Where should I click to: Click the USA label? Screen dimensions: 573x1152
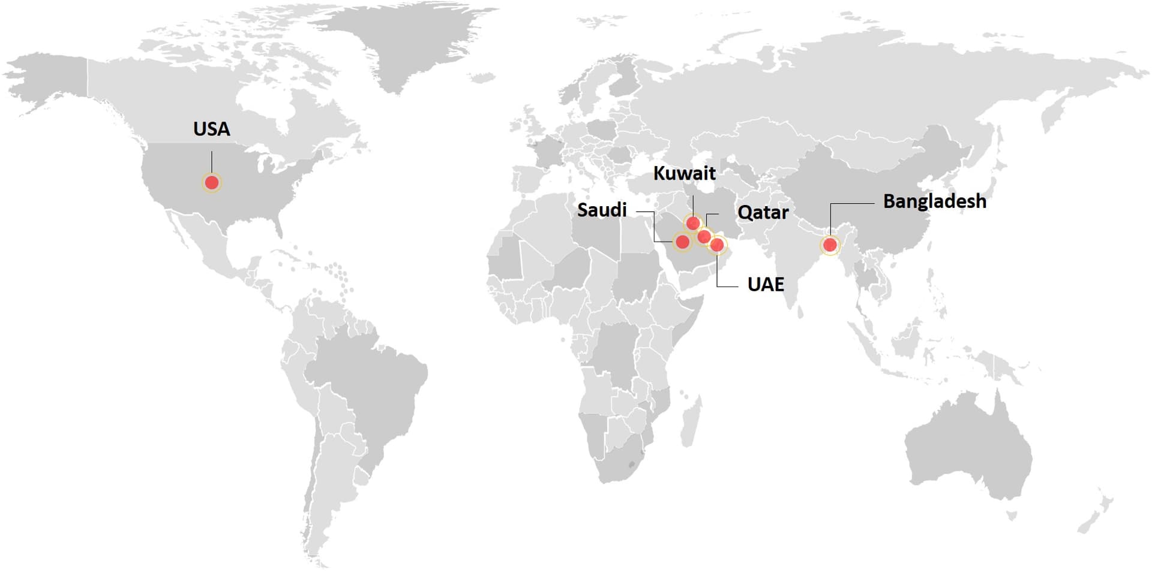click(211, 129)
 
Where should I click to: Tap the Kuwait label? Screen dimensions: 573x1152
click(684, 173)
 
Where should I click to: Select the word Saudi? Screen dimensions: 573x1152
click(602, 210)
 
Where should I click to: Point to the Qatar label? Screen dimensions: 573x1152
click(763, 212)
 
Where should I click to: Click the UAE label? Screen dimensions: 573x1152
click(766, 284)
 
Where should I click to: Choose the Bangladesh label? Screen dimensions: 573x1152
click(934, 201)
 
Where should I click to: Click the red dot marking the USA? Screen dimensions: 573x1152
click(212, 182)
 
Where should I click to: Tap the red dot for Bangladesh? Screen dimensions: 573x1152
click(830, 245)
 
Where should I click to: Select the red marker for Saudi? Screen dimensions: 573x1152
click(682, 242)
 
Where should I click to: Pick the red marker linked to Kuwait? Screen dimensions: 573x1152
click(693, 224)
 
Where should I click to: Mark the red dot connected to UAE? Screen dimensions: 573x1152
click(716, 244)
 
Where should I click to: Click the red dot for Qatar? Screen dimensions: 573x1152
click(704, 237)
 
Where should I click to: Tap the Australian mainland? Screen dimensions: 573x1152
click(966, 450)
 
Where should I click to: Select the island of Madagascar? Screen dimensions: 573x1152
click(691, 417)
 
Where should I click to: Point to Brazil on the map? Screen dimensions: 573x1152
click(366, 384)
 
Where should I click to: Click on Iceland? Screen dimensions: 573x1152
click(482, 78)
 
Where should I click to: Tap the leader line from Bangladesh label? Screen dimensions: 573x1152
click(852, 204)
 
